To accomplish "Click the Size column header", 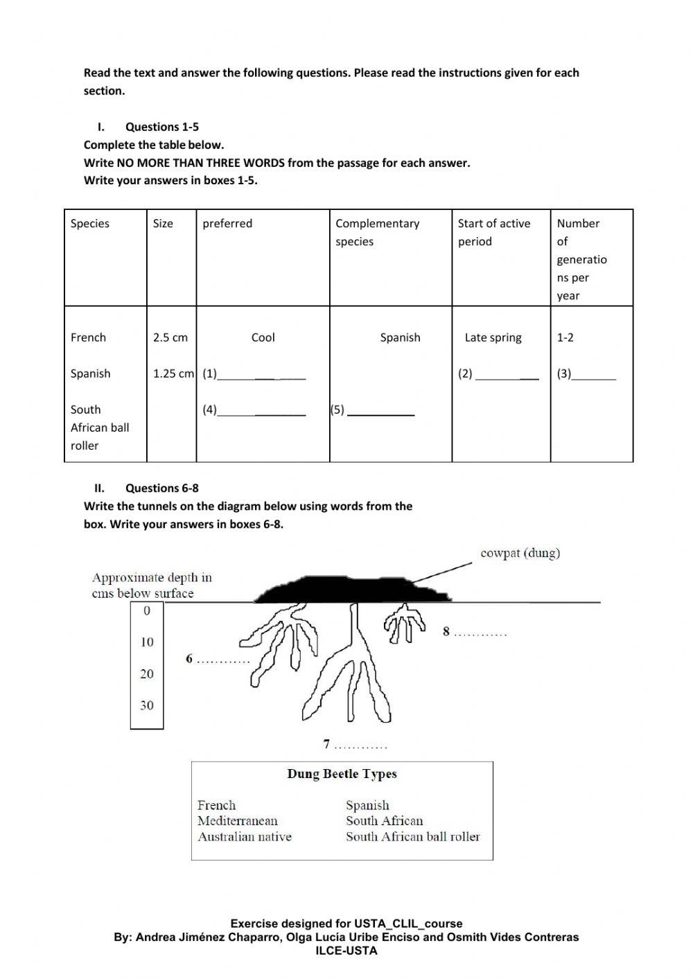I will pyautogui.click(x=163, y=223).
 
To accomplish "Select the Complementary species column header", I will pyautogui.click(x=377, y=232).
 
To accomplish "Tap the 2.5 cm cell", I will pyautogui.click(x=170, y=337).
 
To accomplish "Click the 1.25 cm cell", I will pyautogui.click(x=173, y=373).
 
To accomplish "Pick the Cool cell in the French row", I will pyautogui.click(x=263, y=337).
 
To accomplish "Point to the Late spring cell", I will pyautogui.click(x=493, y=337).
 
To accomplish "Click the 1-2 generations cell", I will pyautogui.click(x=565, y=337).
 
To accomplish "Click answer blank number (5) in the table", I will pyautogui.click(x=380, y=411).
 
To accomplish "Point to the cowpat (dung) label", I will pyautogui.click(x=520, y=553).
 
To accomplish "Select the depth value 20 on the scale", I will pyautogui.click(x=147, y=673).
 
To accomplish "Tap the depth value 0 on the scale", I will pyautogui.click(x=147, y=610).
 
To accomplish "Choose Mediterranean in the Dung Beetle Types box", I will pyautogui.click(x=237, y=821).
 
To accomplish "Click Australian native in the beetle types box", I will pyautogui.click(x=245, y=837).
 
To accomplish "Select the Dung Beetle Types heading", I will pyautogui.click(x=342, y=774).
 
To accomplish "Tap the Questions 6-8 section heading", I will pyautogui.click(x=161, y=488).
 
